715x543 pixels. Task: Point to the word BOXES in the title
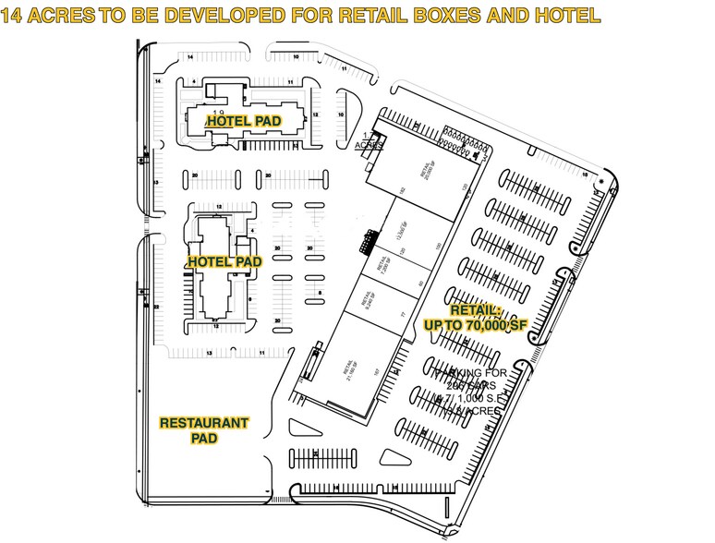pos(469,16)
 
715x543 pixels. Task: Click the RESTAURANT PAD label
pos(204,430)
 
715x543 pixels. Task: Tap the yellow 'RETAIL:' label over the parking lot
pos(474,310)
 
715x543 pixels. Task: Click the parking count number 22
pos(157,306)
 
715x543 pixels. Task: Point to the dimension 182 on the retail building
pos(403,191)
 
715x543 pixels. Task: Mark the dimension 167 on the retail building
pos(376,372)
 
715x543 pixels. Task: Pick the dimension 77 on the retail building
pos(405,315)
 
